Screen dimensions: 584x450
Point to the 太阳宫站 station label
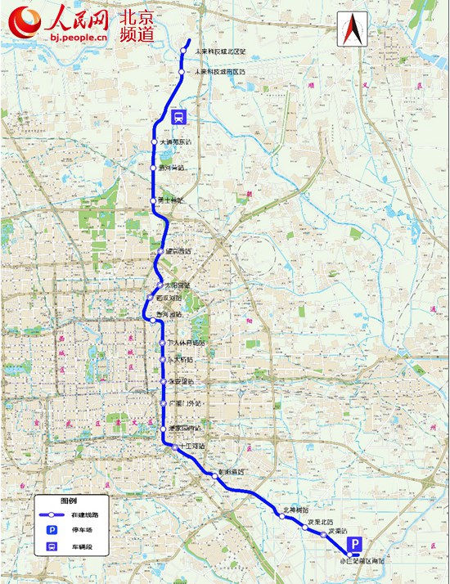click(x=177, y=285)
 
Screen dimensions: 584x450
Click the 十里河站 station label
click(x=190, y=446)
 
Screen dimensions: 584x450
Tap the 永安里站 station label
click(x=181, y=382)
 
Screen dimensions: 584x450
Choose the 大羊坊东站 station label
click(x=176, y=142)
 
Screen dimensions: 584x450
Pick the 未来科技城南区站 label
click(x=220, y=72)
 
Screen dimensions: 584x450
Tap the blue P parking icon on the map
click(x=355, y=544)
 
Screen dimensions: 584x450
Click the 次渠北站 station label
click(x=320, y=521)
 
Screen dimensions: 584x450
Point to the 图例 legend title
click(x=69, y=501)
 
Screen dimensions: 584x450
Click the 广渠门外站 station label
click(x=184, y=404)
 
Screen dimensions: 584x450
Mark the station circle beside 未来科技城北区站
click(x=184, y=52)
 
